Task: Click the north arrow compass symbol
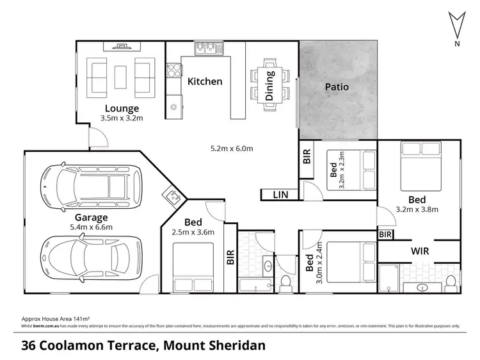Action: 456,26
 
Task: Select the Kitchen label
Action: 205,81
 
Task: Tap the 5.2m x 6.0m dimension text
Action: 232,149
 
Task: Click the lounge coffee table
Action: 122,76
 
